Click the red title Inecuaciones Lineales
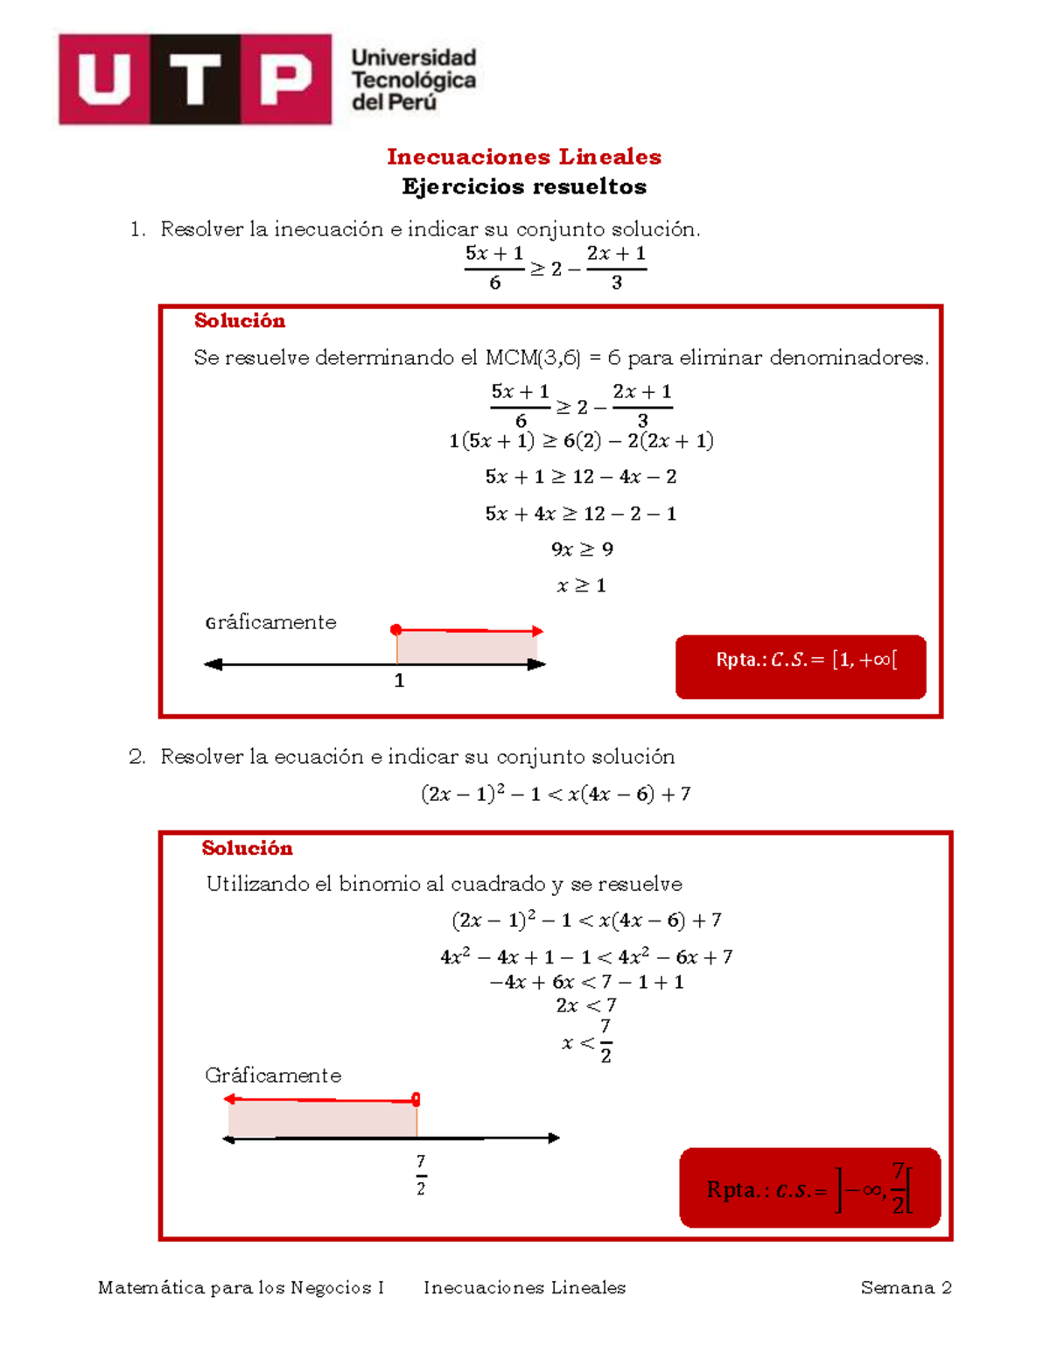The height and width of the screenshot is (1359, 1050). pos(524,157)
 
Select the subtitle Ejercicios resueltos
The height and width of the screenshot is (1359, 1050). pos(524,186)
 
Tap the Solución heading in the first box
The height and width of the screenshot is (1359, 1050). pos(240,321)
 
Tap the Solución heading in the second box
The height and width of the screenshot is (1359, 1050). pos(247,848)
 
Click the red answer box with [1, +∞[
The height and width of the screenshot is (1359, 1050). pos(801,667)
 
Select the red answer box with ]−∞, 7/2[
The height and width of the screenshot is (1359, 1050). pos(809,1187)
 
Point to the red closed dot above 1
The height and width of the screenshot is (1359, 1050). pos(396,629)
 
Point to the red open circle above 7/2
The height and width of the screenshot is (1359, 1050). pos(416,1099)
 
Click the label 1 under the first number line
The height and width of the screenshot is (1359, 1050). pos(399,681)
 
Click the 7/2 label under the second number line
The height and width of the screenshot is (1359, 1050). pos(421,1174)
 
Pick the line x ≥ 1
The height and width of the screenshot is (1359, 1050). pos(581,585)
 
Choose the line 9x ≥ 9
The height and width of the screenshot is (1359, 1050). pos(581,550)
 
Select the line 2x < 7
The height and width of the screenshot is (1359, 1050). pos(585,1005)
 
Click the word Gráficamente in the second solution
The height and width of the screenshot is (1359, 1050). pos(273,1075)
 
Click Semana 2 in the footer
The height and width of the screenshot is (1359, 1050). pos(906,1287)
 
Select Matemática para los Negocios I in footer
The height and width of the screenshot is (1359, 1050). pos(241,1287)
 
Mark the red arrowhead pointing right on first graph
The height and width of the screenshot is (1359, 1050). pos(537,631)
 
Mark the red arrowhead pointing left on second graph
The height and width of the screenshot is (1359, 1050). pos(230,1099)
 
